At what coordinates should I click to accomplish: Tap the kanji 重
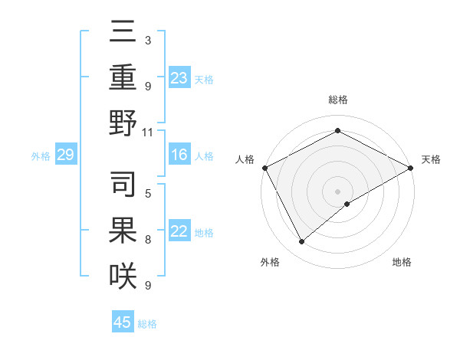coord(123,77)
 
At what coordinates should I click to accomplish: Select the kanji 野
coord(123,123)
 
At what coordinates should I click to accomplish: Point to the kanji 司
coord(123,185)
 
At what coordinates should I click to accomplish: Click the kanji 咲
coord(123,276)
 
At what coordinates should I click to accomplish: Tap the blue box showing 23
coord(179,77)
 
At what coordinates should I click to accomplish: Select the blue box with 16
coord(179,155)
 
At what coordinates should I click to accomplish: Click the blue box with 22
coord(179,232)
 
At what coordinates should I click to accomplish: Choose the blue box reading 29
coord(65,155)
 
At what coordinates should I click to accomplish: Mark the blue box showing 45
coord(123,322)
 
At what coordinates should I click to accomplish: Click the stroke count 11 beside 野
coord(148,132)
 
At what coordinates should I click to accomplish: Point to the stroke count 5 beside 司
coord(148,193)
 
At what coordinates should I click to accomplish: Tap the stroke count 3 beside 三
coord(147,40)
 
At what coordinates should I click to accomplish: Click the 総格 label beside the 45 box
coord(147,324)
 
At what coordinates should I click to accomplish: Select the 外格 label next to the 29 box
coord(41,156)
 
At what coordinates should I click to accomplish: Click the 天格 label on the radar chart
coord(431,159)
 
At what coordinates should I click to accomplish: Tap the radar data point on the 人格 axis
coord(264,167)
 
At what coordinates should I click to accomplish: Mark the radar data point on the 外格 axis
coord(301,242)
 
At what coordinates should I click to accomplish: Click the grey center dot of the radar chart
coord(337,191)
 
